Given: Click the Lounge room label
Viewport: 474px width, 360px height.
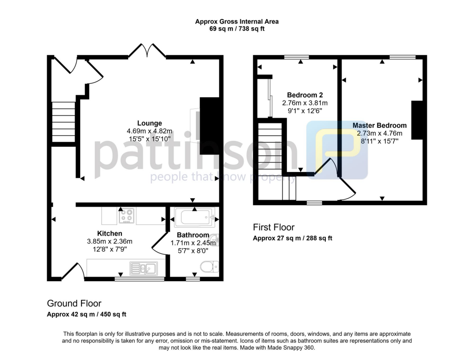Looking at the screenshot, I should (150, 123).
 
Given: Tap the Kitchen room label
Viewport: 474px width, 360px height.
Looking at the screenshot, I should (110, 233).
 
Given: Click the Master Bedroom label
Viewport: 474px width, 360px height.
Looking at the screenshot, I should (380, 126).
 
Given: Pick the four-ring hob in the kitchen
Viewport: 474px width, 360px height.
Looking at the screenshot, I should (126, 215).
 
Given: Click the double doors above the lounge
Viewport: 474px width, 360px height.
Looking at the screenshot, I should (147, 51).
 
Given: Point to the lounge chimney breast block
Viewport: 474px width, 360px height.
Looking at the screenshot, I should (209, 126).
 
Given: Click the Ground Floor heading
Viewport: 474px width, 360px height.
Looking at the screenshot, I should (74, 303).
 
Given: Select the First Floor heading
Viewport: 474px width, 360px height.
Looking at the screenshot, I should (274, 227).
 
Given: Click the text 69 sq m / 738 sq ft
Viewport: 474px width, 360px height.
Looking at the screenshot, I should (237, 29).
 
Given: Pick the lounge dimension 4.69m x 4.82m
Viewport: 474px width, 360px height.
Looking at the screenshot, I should (150, 131).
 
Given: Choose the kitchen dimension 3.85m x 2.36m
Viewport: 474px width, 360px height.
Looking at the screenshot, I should (110, 241).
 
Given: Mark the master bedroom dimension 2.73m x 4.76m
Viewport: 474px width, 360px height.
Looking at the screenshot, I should (380, 133).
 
